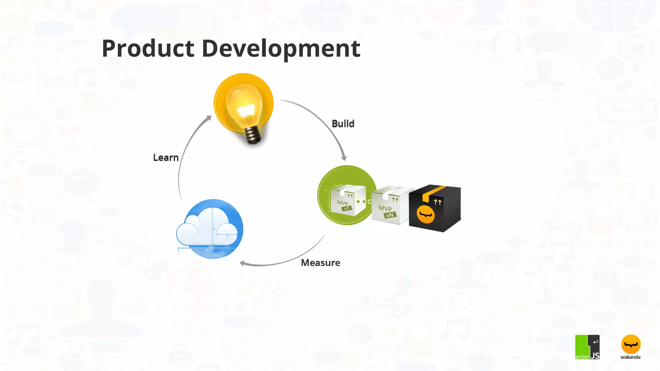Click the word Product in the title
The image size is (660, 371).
pyautogui.click(x=148, y=49)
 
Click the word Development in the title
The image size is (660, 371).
pyautogui.click(x=281, y=49)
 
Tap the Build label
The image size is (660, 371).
pyautogui.click(x=343, y=124)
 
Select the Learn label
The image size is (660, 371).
pyautogui.click(x=166, y=158)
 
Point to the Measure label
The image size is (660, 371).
pyautogui.click(x=320, y=263)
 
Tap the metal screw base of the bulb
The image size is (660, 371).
pyautogui.click(x=253, y=135)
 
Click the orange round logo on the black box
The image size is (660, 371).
pyautogui.click(x=425, y=215)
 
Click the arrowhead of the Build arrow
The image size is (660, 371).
pyautogui.click(x=344, y=158)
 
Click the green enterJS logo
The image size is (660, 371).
pyautogui.click(x=587, y=347)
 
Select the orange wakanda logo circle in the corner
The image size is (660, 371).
pyautogui.click(x=631, y=344)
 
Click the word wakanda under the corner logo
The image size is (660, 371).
pyautogui.click(x=630, y=357)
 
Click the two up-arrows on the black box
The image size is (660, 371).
pyautogui.click(x=437, y=202)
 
